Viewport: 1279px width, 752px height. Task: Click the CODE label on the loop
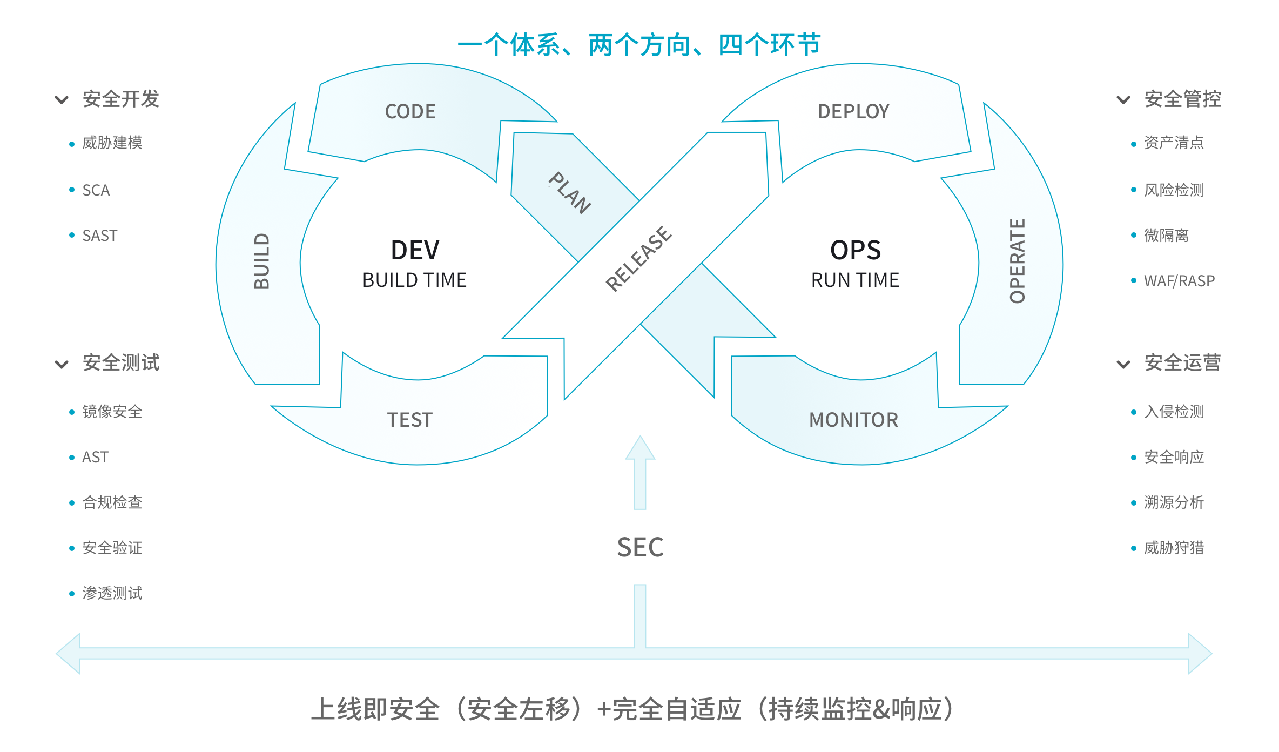(x=410, y=111)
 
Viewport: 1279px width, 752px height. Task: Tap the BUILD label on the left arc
(x=262, y=261)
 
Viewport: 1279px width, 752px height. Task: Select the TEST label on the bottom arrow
(x=410, y=420)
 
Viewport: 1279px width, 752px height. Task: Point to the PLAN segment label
(x=570, y=193)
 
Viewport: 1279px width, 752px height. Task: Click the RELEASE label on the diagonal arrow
(x=639, y=259)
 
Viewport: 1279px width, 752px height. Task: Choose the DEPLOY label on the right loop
(x=853, y=111)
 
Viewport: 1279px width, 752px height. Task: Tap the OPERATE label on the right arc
(x=1017, y=261)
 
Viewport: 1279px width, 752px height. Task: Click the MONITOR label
(x=853, y=420)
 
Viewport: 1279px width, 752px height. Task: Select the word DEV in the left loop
(x=415, y=250)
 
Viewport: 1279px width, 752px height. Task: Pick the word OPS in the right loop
(x=856, y=250)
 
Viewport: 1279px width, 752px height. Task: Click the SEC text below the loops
(x=640, y=547)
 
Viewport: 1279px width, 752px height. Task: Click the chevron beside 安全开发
(x=62, y=100)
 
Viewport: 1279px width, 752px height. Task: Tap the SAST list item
(x=99, y=236)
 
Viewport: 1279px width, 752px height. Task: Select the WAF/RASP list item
(x=1179, y=281)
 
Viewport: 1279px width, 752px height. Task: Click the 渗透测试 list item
(x=112, y=593)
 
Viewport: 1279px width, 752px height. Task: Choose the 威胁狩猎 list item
(x=1174, y=548)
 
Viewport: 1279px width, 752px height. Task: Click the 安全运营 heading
(x=1182, y=363)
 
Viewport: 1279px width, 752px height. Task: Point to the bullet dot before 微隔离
(x=1134, y=235)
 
